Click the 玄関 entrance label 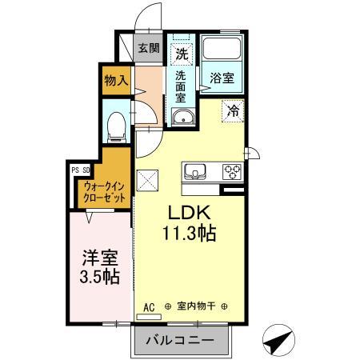pos(148,48)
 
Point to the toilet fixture pos(116,124)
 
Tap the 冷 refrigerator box pos(233,112)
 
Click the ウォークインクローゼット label pos(101,191)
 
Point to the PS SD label pos(80,170)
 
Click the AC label pos(149,306)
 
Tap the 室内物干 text pos(196,306)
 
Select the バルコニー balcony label pos(180,339)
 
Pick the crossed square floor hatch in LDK pos(148,181)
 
